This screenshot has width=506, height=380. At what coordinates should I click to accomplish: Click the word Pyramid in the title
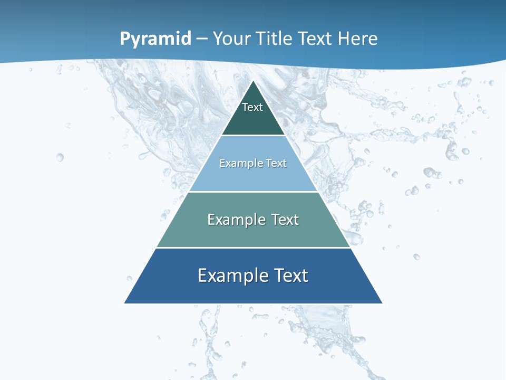click(155, 39)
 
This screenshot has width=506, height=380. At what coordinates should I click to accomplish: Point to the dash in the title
click(202, 39)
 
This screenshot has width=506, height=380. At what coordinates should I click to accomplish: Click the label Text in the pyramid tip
click(252, 107)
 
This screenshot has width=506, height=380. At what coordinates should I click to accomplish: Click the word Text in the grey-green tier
click(285, 220)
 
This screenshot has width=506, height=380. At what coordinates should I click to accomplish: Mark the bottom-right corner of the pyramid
click(382, 303)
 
